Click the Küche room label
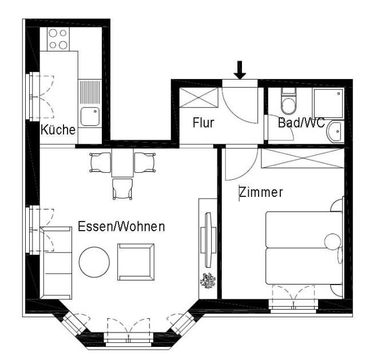[58, 130]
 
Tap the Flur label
[203, 122]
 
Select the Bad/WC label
[301, 122]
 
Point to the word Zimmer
[261, 193]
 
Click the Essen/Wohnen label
[121, 227]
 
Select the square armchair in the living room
[136, 261]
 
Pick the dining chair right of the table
[143, 163]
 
